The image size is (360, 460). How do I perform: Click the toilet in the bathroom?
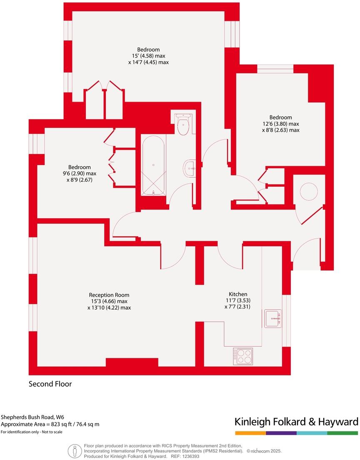tap(183, 125)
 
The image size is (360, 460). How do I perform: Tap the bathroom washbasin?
tap(190, 169)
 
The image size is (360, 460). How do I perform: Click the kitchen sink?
tap(273, 318)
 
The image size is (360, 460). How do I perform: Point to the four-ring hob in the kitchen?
tap(243, 356)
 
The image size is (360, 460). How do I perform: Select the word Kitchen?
tap(237, 294)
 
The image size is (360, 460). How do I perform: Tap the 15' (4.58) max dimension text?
tap(148, 56)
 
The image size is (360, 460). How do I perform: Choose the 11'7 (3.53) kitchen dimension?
tap(237, 300)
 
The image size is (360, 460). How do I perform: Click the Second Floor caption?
tap(50, 384)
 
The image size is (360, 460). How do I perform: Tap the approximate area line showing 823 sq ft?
tap(50, 424)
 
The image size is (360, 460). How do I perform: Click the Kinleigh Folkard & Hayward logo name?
tap(296, 421)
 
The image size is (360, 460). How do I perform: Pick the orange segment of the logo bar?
tap(250, 433)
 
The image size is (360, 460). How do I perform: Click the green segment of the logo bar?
tap(342, 433)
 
